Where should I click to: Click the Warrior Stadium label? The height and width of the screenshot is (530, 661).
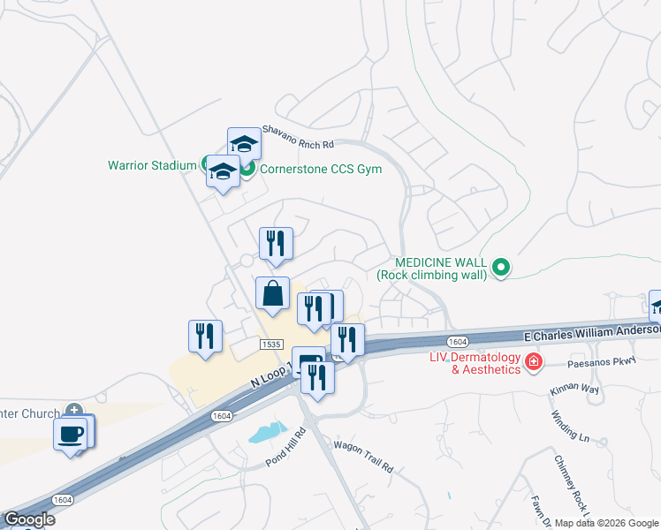click(x=152, y=165)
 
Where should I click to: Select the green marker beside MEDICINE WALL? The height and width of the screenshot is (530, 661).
click(x=501, y=267)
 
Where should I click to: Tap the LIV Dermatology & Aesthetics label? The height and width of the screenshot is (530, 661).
click(x=474, y=363)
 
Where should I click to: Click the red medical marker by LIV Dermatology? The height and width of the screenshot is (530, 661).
click(x=533, y=361)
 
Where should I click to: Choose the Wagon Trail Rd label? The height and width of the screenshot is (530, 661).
click(x=362, y=457)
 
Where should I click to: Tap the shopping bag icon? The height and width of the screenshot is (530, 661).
click(x=272, y=293)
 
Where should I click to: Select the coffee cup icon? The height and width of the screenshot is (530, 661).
click(x=71, y=434)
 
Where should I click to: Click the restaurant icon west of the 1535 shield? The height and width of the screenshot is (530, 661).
click(x=205, y=336)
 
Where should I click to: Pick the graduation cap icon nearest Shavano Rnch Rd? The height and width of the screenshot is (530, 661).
click(x=244, y=144)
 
